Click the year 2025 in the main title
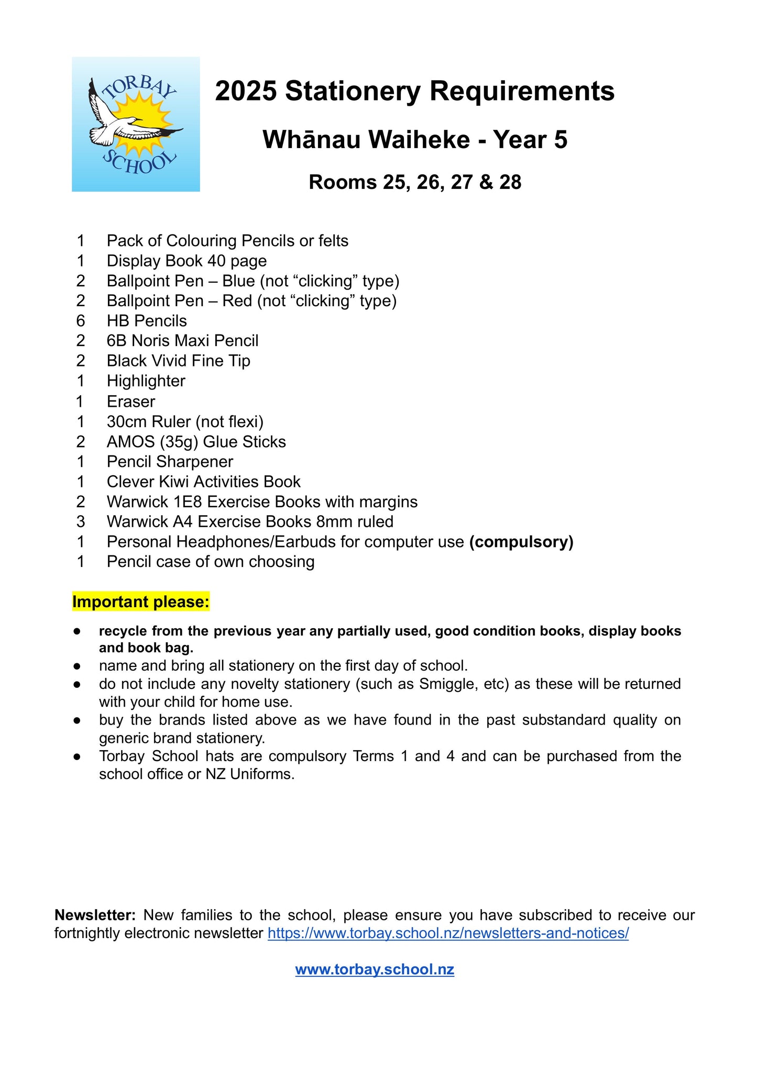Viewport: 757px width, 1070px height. click(x=246, y=91)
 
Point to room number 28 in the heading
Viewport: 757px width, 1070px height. click(x=510, y=182)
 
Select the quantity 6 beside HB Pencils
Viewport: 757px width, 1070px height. click(x=80, y=321)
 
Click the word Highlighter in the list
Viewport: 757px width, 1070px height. click(x=146, y=381)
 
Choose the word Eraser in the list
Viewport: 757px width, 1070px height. click(x=131, y=402)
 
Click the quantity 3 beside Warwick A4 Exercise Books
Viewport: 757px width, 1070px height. click(x=80, y=522)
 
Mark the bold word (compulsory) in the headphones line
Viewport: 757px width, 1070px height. click(x=521, y=542)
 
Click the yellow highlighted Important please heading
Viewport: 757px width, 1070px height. click(x=141, y=602)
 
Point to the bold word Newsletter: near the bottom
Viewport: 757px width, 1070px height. click(x=95, y=915)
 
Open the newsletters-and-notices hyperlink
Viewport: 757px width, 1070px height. click(x=448, y=933)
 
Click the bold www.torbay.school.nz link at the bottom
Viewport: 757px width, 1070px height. click(x=375, y=969)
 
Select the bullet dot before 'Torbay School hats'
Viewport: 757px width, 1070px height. click(x=77, y=756)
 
